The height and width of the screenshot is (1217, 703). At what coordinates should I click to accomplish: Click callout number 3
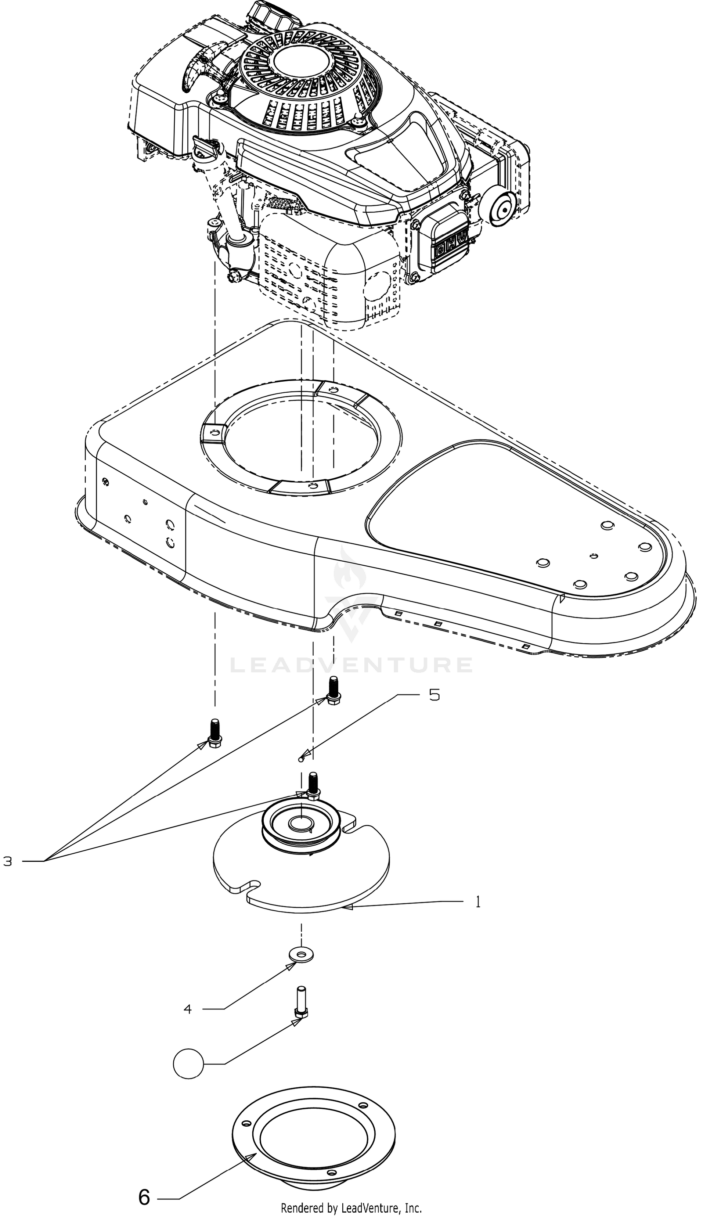pyautogui.click(x=8, y=861)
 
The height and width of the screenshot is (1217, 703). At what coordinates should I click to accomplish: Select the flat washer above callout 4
pyautogui.click(x=301, y=954)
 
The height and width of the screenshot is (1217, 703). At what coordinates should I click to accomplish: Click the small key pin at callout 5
pyautogui.click(x=301, y=760)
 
